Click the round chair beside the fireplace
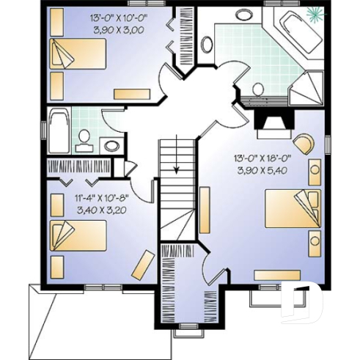coord(303,141)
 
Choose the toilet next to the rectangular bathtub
coord(84,139)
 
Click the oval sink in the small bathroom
coord(111,145)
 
